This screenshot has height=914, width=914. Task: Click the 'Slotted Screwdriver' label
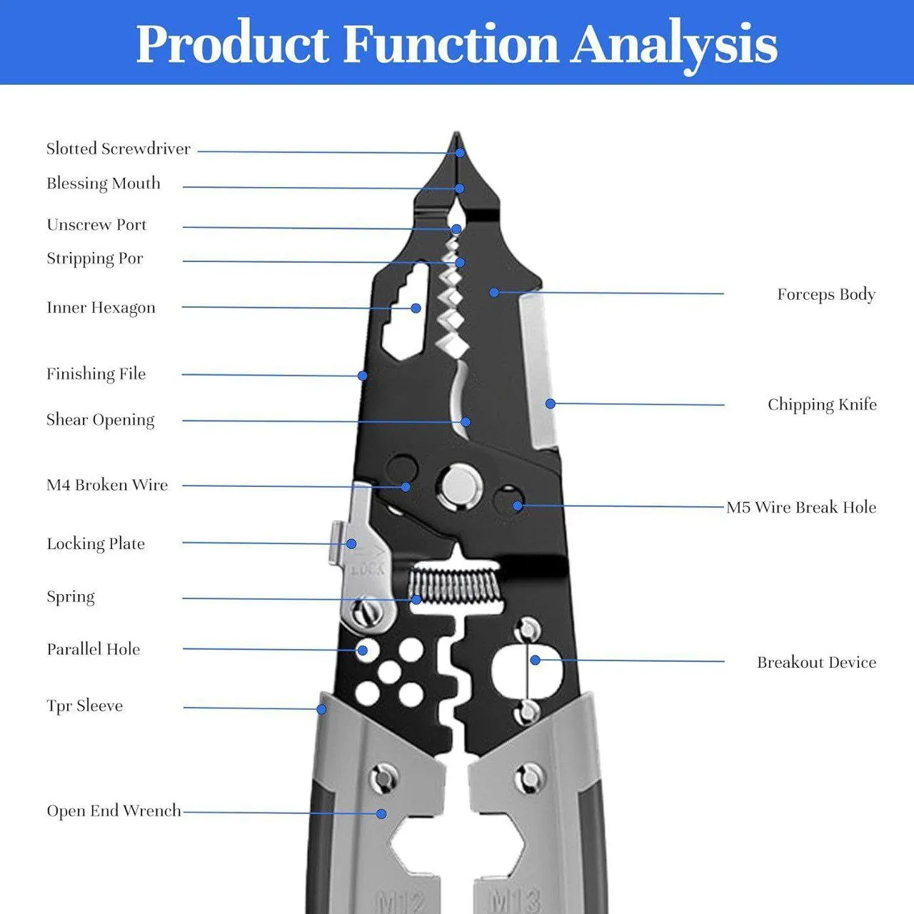pyautogui.click(x=119, y=149)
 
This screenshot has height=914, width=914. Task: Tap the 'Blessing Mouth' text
pyautogui.click(x=104, y=184)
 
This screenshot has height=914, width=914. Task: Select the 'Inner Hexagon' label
pyautogui.click(x=101, y=308)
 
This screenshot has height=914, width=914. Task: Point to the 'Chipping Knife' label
pyautogui.click(x=822, y=405)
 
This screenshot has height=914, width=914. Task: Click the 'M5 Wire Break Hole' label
pyautogui.click(x=801, y=508)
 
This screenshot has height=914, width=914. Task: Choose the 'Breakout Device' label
pyautogui.click(x=816, y=663)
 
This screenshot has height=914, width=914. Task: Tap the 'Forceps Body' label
pyautogui.click(x=826, y=294)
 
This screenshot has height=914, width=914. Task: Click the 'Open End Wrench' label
pyautogui.click(x=114, y=811)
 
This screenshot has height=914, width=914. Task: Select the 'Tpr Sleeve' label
pyautogui.click(x=85, y=706)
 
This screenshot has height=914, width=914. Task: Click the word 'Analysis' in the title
pyautogui.click(x=673, y=44)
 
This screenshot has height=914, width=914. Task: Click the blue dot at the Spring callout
pyautogui.click(x=416, y=600)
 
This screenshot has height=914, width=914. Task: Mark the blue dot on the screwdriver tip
pyautogui.click(x=461, y=152)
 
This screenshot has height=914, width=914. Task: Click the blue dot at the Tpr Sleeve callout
pyautogui.click(x=322, y=709)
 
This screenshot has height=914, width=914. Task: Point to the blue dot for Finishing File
pyautogui.click(x=363, y=376)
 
